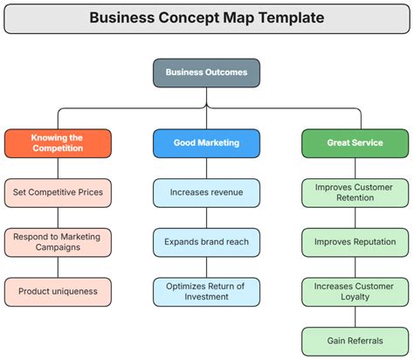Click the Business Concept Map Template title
point(206,17)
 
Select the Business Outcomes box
point(206,73)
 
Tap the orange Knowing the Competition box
point(58,142)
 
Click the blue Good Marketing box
point(206,142)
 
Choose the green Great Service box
point(355,142)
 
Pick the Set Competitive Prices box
point(58,192)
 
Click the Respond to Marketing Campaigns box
point(58,242)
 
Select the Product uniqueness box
point(58,291)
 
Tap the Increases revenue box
point(206,192)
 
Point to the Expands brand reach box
point(206,242)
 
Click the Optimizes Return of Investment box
point(206,291)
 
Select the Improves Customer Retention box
point(355,192)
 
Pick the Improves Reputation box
point(355,242)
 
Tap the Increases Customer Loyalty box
point(355,291)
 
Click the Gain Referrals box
point(355,341)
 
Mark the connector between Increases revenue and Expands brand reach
point(206,217)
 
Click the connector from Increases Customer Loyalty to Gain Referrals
point(355,316)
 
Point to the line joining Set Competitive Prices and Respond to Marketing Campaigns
point(58,217)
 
